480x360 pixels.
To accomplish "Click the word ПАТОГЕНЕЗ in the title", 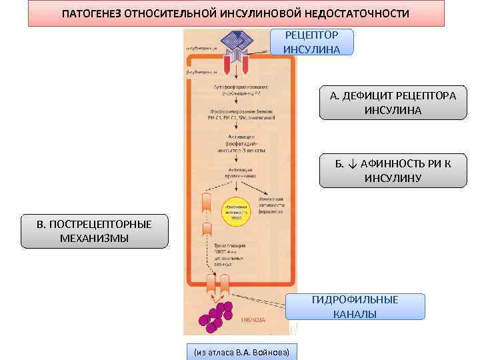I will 94,14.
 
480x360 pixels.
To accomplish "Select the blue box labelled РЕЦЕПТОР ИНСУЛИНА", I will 311,42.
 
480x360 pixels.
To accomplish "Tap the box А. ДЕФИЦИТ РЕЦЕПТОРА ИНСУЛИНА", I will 393,103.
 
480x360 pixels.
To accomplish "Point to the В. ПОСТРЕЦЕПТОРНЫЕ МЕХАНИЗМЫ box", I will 94,231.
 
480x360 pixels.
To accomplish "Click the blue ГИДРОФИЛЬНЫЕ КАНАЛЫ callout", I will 355,307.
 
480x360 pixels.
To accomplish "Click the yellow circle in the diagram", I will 235,209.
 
